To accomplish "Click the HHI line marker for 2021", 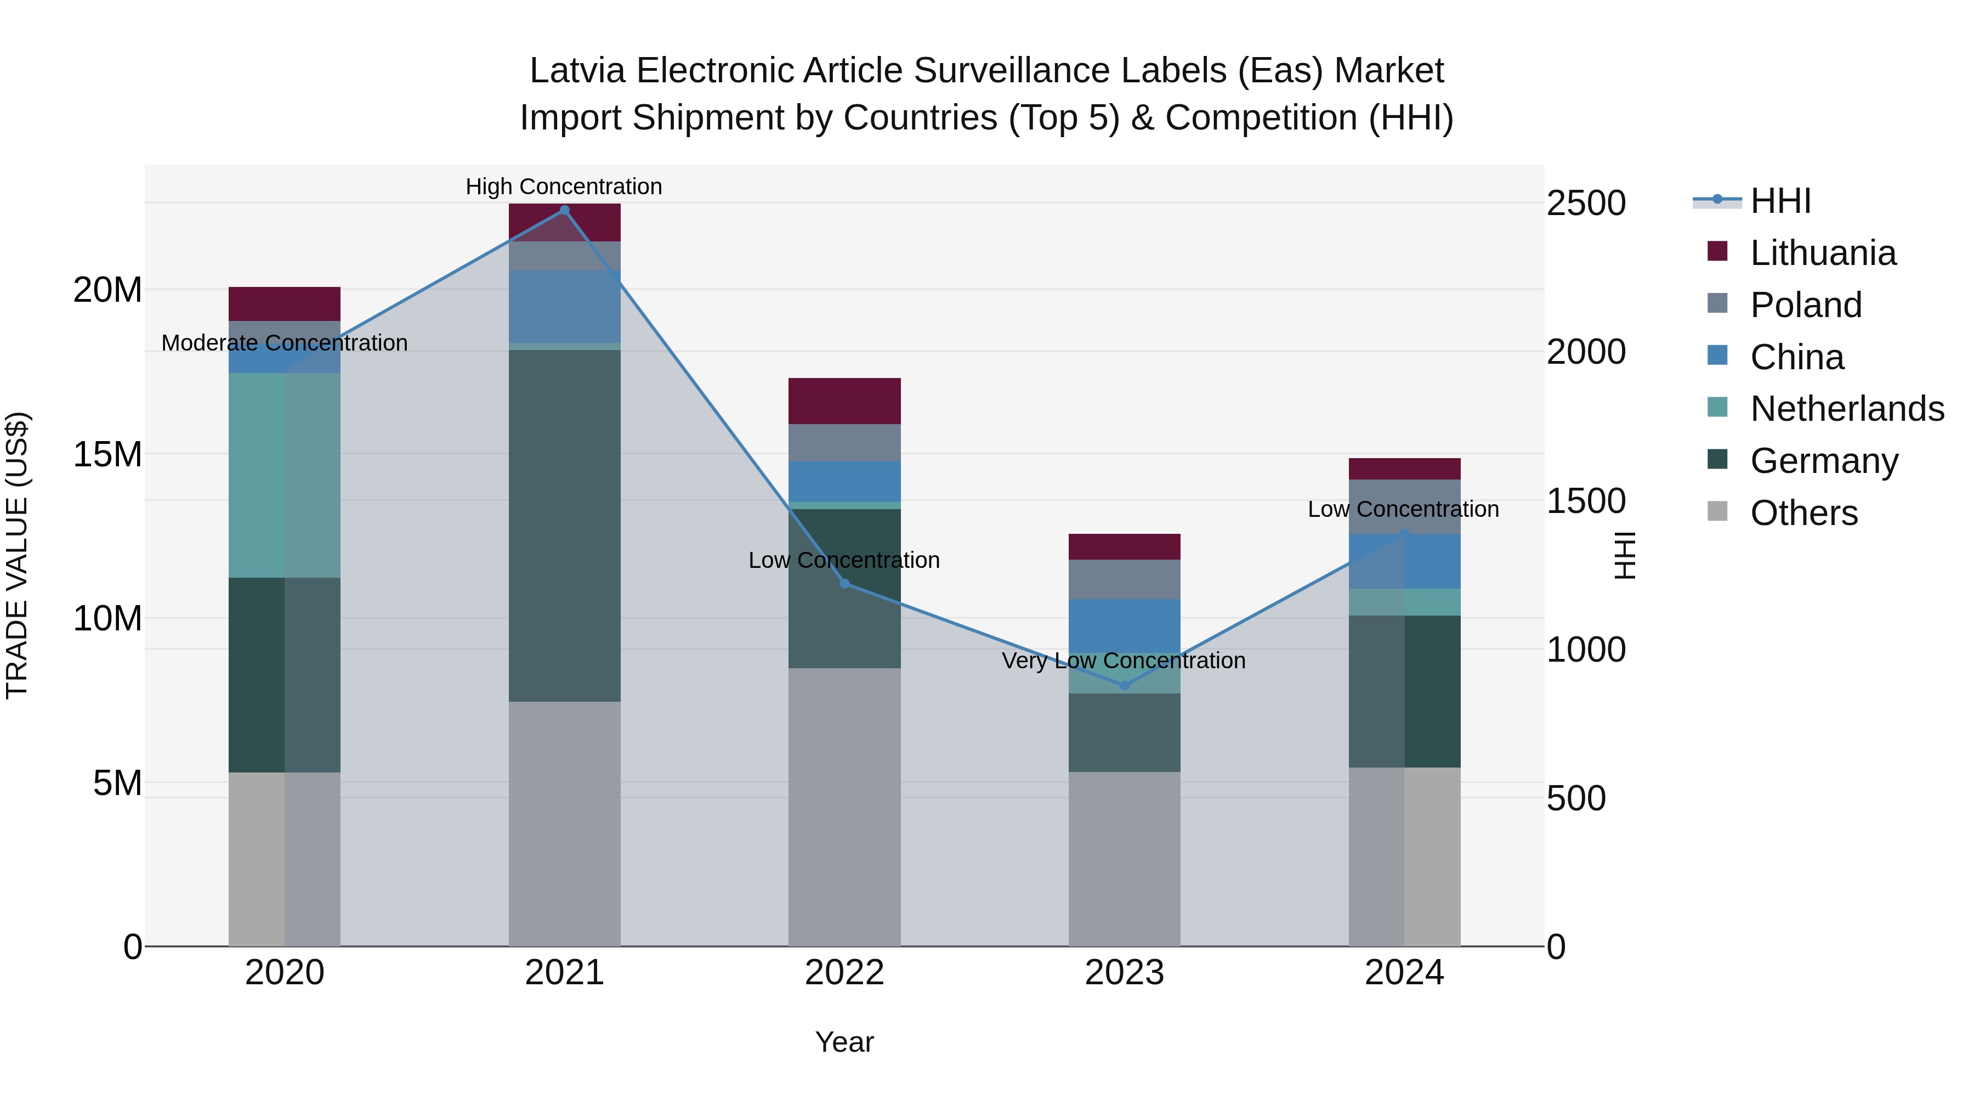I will point(564,210).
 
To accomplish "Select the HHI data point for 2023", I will point(1124,685).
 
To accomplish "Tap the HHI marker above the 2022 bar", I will point(844,584).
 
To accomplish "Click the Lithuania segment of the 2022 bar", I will point(844,401).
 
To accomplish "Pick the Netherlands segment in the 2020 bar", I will point(284,475).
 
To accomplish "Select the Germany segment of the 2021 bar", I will point(564,525).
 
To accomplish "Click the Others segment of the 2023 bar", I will point(1124,859).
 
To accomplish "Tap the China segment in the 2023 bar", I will point(1124,625).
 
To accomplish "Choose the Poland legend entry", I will point(1806,305).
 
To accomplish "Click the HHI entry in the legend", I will point(1780,201).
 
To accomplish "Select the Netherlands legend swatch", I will point(1717,407).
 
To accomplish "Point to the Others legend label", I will point(1804,513).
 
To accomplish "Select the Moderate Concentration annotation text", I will point(284,343).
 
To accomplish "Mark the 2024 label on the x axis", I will point(1404,973).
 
